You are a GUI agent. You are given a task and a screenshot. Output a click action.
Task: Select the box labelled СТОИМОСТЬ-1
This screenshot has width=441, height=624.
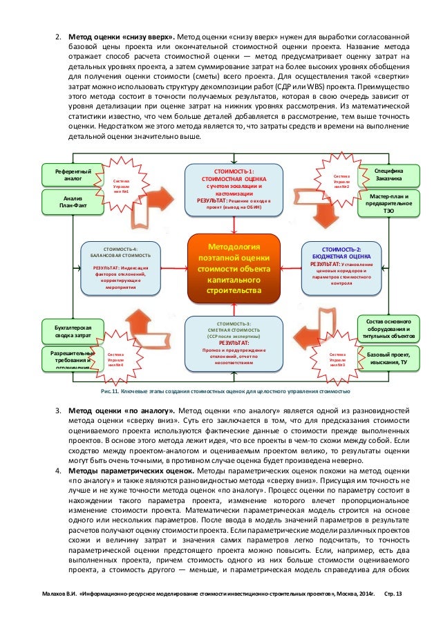[235, 189]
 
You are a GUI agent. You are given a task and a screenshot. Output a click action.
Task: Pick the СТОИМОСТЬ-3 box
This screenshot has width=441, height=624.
[235, 342]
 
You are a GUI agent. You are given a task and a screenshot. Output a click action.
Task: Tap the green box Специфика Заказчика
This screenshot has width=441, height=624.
[389, 174]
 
